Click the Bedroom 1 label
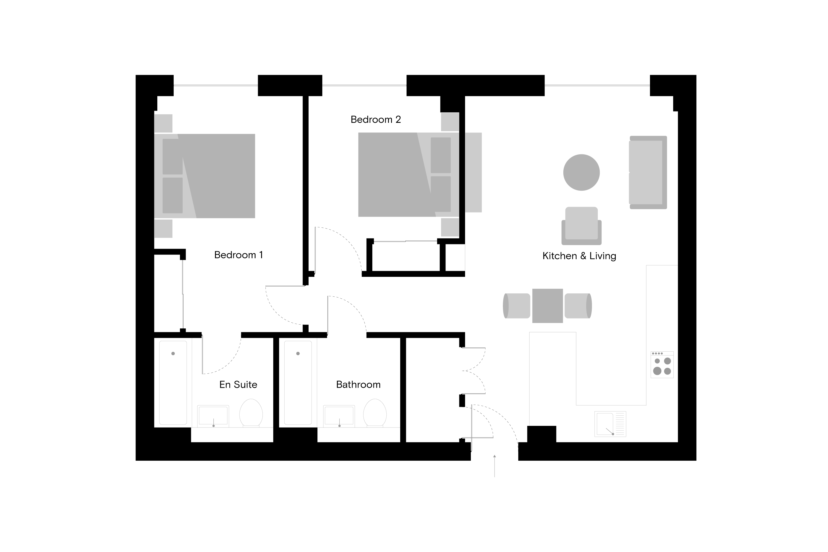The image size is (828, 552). click(x=238, y=255)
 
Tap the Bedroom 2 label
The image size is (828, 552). click(x=376, y=120)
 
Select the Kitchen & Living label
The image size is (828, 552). click(x=579, y=256)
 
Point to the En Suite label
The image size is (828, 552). click(x=238, y=384)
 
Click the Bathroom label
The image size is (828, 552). click(x=358, y=384)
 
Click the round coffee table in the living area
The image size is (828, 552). click(x=581, y=173)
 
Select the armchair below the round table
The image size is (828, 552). click(x=581, y=226)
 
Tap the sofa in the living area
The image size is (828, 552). click(x=648, y=173)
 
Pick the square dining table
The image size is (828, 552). click(x=547, y=306)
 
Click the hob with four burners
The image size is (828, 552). click(x=662, y=365)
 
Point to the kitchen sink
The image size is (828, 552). click(x=610, y=424)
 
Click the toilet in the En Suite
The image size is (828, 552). click(x=251, y=413)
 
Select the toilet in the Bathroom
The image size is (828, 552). click(x=375, y=413)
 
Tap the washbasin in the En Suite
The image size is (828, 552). click(x=213, y=416)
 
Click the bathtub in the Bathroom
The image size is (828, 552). click(x=298, y=383)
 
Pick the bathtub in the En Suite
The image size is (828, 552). click(x=173, y=383)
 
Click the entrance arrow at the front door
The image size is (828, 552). click(x=495, y=466)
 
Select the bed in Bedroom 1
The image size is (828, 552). click(x=205, y=176)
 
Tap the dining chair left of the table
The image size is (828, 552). click(x=516, y=306)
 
